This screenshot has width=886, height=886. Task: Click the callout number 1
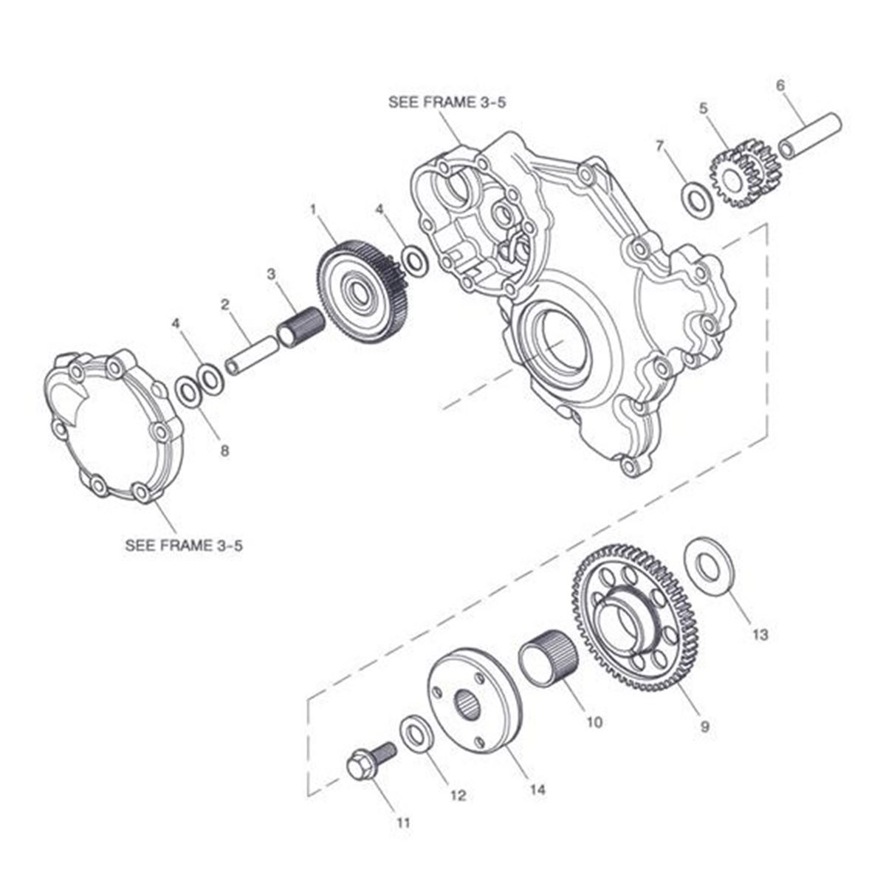[313, 210]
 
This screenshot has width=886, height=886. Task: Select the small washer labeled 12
[416, 731]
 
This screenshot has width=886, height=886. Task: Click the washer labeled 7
[696, 198]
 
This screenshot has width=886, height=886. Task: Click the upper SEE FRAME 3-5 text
[447, 103]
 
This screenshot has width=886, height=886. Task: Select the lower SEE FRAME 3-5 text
[184, 546]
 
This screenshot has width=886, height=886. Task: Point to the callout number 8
[224, 450]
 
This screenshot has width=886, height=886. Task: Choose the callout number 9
[704, 727]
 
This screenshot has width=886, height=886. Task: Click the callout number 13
[760, 634]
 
